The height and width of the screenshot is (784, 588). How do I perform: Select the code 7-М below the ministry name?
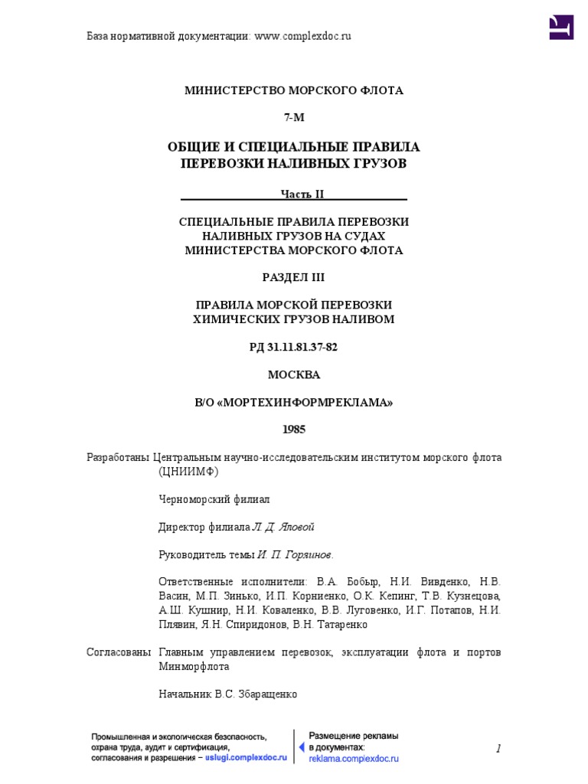[x=293, y=117]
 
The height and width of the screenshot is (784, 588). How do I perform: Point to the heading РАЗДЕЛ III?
[x=293, y=276]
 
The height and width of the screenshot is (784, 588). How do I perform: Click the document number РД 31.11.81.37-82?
[x=293, y=347]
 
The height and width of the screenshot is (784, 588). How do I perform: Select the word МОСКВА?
[x=293, y=374]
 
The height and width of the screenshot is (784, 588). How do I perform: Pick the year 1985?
[x=293, y=430]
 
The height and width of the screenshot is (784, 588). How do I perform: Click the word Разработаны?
[x=118, y=457]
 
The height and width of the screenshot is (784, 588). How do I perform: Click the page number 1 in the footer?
[x=498, y=748]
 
